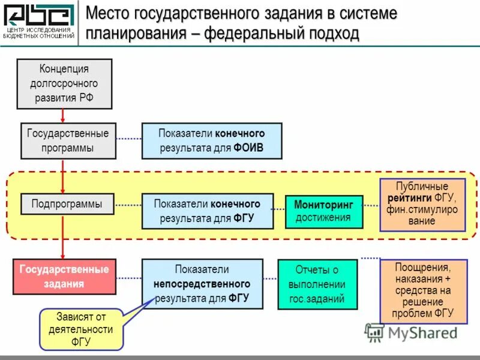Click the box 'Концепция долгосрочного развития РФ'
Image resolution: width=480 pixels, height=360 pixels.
coord(64,83)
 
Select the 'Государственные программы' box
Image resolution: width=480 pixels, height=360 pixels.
coord(68,141)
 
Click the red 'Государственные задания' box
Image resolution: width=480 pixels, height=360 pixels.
coord(64,277)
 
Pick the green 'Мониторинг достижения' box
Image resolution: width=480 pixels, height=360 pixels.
coord(324,211)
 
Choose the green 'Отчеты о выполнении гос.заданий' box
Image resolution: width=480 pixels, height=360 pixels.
coord(317,284)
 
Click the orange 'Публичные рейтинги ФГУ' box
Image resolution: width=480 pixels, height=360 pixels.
coord(422,205)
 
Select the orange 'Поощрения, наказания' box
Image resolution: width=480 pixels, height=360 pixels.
coord(422,290)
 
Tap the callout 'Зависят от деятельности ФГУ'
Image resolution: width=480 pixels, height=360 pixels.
coord(81,329)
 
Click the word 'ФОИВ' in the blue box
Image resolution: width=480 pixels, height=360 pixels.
coord(248,148)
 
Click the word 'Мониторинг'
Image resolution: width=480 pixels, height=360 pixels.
coord(324,205)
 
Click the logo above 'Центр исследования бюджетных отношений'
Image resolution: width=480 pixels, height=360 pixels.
coord(39,15)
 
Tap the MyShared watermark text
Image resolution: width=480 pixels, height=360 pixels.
coord(422,332)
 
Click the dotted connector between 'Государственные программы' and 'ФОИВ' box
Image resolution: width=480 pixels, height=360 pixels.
coord(128,139)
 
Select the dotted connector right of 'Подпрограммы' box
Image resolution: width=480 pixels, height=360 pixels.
coord(128,205)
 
